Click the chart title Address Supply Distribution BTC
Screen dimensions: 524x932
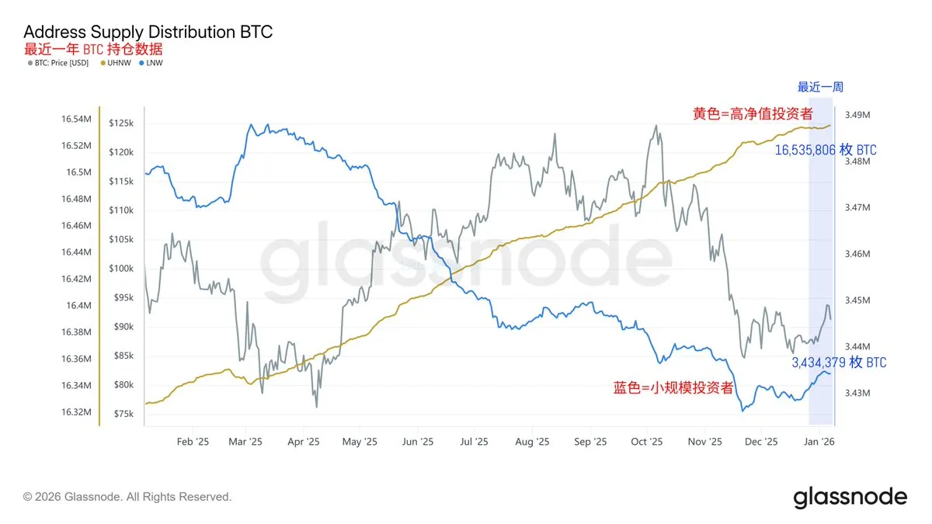point(148,32)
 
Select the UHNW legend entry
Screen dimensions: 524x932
point(118,61)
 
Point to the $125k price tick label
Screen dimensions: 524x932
point(121,123)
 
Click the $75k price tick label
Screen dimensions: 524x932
point(123,414)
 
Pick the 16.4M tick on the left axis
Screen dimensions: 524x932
point(78,305)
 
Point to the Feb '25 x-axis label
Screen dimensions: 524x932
point(193,442)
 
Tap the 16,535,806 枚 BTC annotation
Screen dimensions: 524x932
point(826,150)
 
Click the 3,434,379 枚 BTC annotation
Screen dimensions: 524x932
point(839,363)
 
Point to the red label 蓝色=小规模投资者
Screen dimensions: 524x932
point(673,387)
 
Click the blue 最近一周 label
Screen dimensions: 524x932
point(820,87)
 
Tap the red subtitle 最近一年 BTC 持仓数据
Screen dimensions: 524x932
point(93,48)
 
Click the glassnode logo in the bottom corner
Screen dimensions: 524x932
point(850,497)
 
